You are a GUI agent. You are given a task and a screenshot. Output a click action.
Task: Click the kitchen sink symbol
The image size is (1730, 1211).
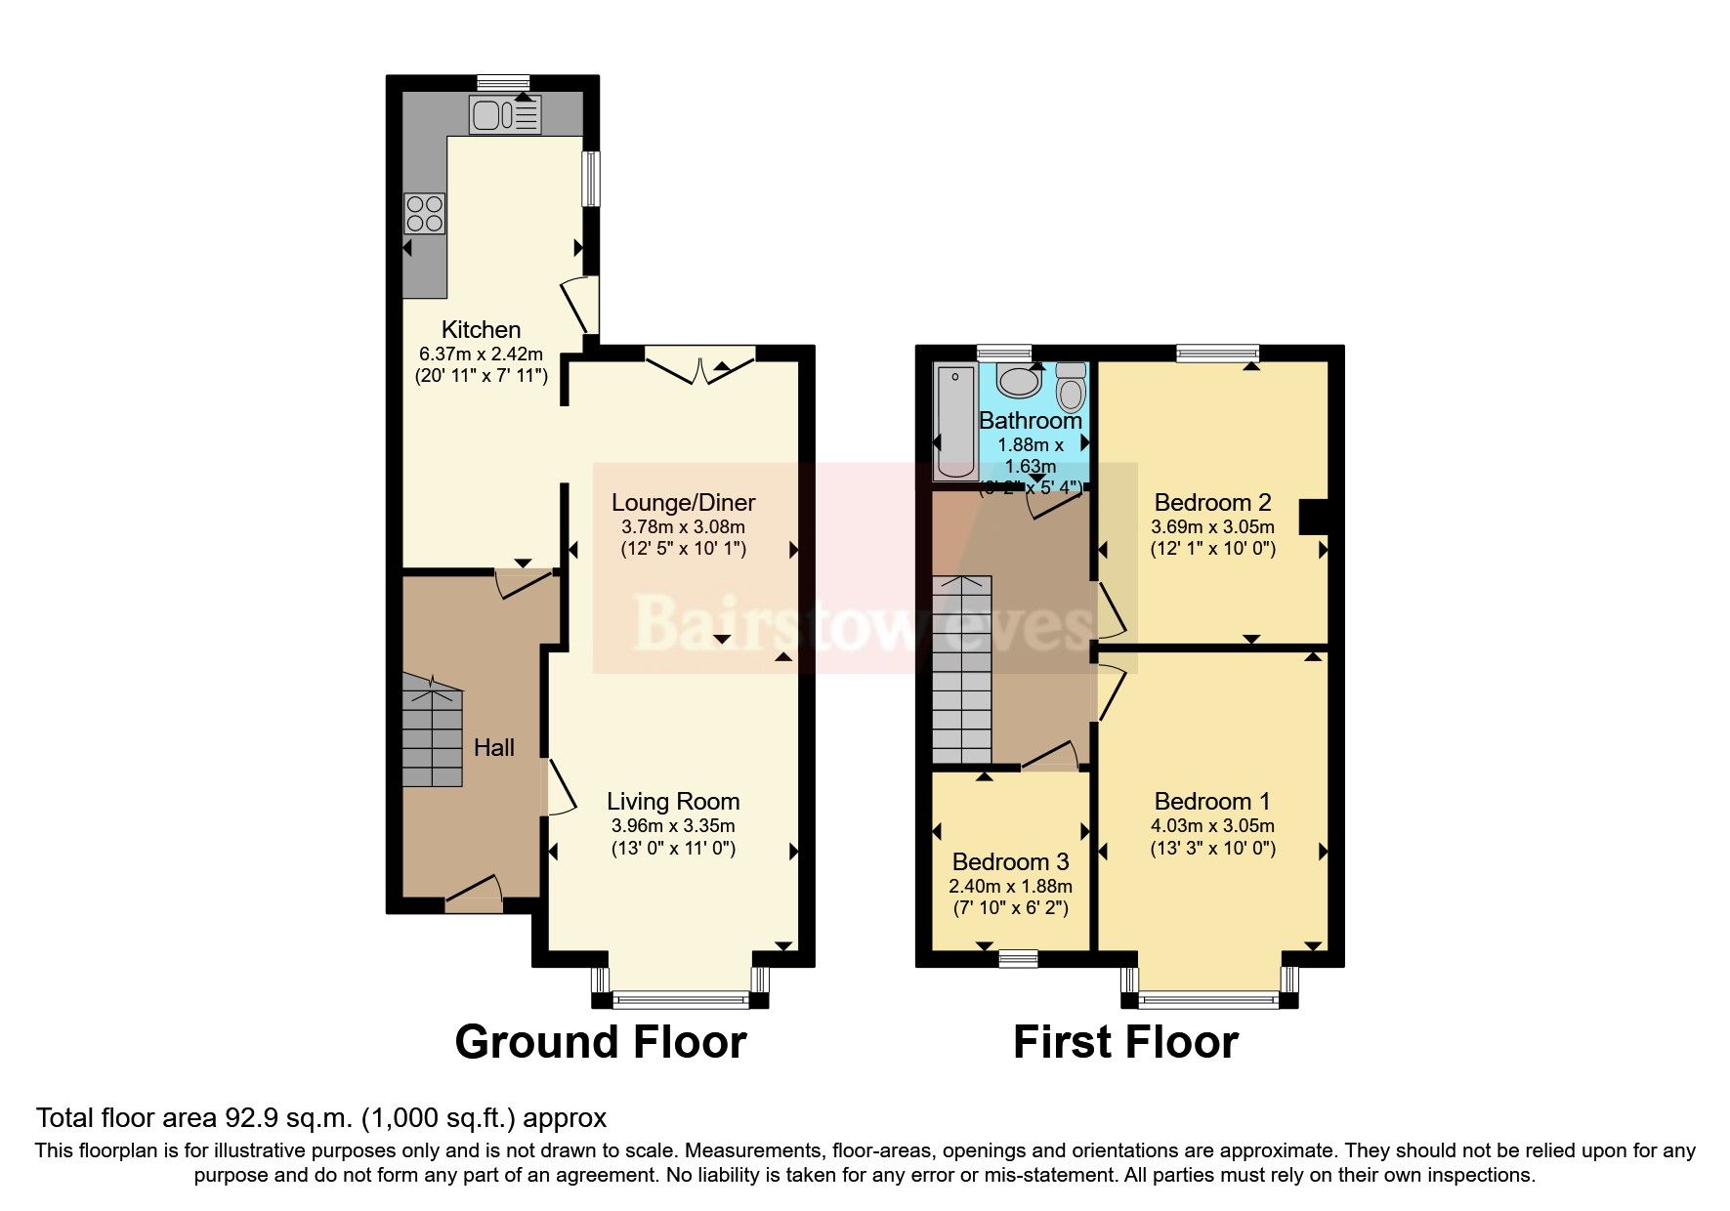[x=504, y=115]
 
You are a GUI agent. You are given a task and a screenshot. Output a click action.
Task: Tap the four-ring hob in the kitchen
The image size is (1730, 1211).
[x=425, y=213]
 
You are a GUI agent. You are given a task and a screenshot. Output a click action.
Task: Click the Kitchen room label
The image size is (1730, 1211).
[x=481, y=329]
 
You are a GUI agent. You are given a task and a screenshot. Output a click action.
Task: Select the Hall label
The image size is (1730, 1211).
[x=493, y=748]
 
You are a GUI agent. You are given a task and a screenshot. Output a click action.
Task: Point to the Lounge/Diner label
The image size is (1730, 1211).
[x=683, y=503]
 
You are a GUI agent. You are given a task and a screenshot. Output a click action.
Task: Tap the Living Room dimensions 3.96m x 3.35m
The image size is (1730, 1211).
[x=673, y=826]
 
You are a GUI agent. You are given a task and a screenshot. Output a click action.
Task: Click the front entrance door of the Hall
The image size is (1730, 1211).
[x=475, y=893]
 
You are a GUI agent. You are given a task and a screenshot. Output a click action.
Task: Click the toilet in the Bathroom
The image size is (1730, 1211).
[x=1072, y=388]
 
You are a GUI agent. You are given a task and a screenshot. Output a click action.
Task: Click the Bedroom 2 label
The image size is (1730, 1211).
[x=1212, y=503]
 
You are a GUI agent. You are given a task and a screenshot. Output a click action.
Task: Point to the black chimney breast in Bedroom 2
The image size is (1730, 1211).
[x=1312, y=517]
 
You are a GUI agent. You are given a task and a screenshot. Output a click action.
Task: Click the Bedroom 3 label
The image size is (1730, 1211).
[x=1010, y=862]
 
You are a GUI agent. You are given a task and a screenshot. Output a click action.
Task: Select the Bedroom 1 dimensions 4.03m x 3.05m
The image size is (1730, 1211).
[x=1212, y=826]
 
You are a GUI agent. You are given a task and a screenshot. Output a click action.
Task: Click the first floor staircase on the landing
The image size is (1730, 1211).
[x=961, y=670]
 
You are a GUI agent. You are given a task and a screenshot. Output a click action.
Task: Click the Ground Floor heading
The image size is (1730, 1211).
[x=601, y=1042]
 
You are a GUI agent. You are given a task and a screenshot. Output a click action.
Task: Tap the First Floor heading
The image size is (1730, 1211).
[x=1125, y=1042]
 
